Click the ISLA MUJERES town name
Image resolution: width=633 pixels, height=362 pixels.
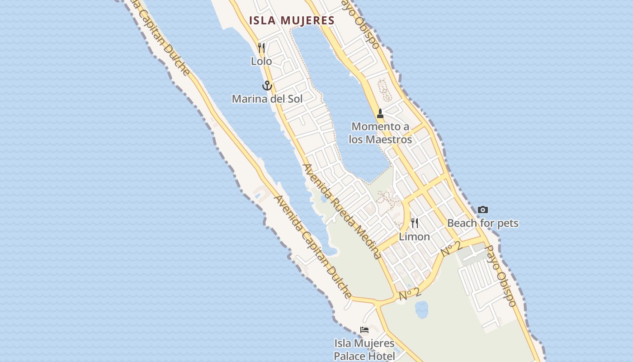click(x=292, y=20)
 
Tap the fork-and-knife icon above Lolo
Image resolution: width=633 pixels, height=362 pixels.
click(x=261, y=48)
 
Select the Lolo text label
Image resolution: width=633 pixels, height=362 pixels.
click(x=261, y=61)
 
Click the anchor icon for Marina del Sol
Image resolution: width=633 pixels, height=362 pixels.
click(x=267, y=85)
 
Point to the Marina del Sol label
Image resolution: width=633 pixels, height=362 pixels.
click(x=267, y=99)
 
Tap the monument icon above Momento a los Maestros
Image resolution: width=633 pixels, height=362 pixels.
click(x=380, y=114)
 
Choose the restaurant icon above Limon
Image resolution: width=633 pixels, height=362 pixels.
click(x=414, y=223)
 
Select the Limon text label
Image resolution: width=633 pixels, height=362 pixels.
click(x=414, y=237)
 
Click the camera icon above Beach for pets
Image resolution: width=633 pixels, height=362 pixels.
click(x=483, y=210)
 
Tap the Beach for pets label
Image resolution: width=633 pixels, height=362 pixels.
click(x=483, y=223)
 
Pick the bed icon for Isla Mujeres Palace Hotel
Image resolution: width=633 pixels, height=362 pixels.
click(x=364, y=329)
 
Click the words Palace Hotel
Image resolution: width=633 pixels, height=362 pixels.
click(x=364, y=356)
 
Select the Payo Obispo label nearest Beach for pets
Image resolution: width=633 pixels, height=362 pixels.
click(x=501, y=276)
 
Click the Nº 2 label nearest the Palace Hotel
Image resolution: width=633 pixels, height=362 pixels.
click(x=410, y=294)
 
